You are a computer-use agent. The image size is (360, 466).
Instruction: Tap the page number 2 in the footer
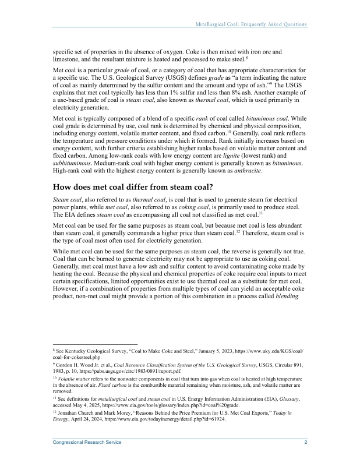(x=306, y=443)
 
